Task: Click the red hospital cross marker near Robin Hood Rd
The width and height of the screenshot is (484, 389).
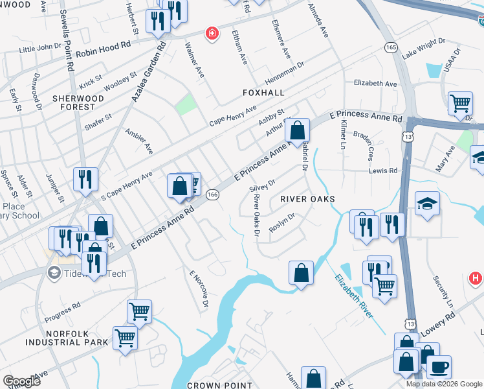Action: [211, 34]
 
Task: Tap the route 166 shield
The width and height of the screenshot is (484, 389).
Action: [212, 194]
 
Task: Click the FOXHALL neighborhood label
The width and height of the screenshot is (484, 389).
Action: [263, 93]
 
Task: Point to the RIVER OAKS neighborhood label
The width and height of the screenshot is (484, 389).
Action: [307, 199]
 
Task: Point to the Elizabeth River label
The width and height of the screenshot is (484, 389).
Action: [353, 296]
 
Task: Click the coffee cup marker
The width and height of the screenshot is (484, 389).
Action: [439, 366]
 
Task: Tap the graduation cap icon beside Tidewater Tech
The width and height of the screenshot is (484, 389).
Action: [54, 273]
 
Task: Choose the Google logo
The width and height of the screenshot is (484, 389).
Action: [21, 381]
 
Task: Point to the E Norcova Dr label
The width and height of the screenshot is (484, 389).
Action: [199, 289]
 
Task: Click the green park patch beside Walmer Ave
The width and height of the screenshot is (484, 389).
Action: [186, 104]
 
